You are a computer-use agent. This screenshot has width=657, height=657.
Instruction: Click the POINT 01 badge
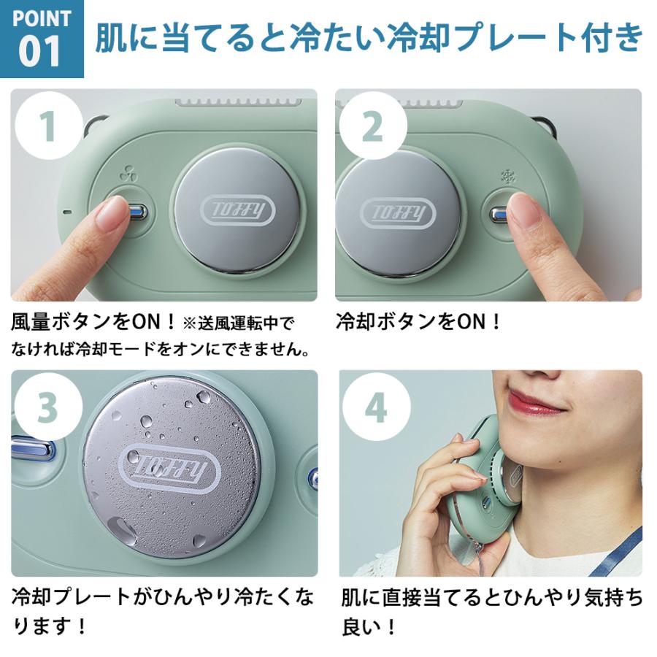click(x=41, y=39)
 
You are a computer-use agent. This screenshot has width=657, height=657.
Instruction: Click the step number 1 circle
click(x=47, y=126)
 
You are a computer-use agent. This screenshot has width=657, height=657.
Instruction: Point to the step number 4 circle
click(x=375, y=408)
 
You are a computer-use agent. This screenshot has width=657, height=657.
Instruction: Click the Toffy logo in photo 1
click(x=237, y=212)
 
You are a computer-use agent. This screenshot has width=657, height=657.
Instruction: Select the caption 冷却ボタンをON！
click(x=419, y=322)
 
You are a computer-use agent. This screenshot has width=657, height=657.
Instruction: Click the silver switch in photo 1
click(x=137, y=212)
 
